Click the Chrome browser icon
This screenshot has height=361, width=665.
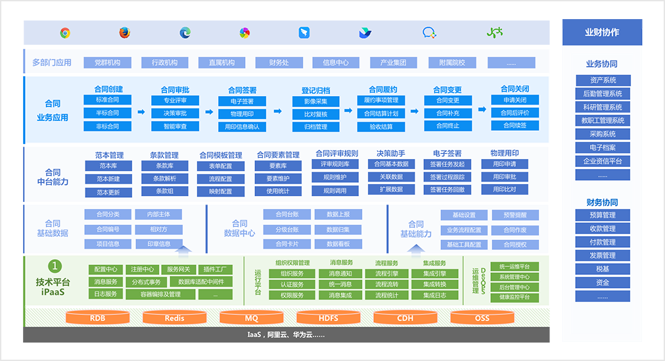(64, 33)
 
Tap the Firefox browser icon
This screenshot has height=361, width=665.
(125, 33)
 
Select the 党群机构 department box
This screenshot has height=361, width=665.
(107, 62)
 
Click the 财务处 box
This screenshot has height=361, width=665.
(279, 62)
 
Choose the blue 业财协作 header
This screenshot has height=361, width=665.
(602, 32)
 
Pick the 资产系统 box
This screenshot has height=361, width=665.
(603, 80)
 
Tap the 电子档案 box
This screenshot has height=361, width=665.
(603, 147)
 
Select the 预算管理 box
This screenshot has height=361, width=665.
(603, 215)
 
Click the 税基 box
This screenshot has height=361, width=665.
(603, 269)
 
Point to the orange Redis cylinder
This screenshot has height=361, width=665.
(174, 318)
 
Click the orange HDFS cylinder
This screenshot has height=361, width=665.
(328, 318)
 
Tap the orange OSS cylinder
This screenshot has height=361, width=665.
(482, 318)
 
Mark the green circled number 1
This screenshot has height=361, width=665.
(56, 266)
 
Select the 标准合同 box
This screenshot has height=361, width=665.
(108, 100)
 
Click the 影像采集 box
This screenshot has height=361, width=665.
(315, 101)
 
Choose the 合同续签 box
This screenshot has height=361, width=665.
(515, 126)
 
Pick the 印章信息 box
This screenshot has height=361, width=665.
(158, 244)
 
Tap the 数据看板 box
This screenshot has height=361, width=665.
(338, 244)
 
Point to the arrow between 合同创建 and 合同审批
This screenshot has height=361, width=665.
(141, 112)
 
